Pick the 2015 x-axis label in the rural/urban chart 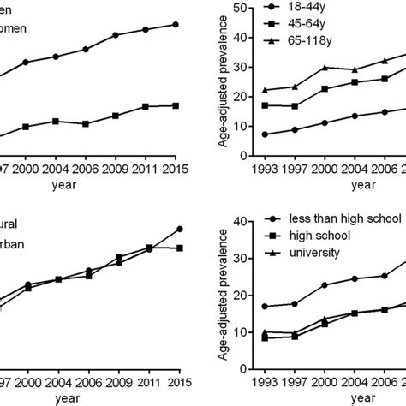175,385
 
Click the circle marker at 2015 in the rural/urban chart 179,229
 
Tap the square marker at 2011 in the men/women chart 146,106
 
